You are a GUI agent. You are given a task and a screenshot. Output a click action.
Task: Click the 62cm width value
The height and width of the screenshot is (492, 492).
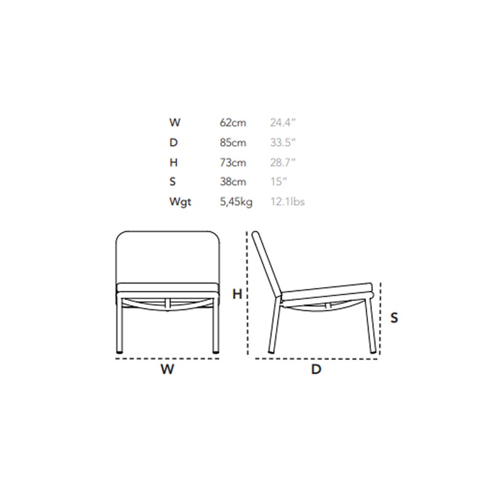click(x=233, y=122)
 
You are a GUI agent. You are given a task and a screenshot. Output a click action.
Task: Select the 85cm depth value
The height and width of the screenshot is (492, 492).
click(x=233, y=143)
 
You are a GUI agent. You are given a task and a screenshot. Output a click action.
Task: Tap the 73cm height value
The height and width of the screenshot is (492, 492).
click(x=233, y=162)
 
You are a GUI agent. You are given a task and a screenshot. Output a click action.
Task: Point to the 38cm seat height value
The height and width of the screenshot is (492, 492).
click(x=233, y=181)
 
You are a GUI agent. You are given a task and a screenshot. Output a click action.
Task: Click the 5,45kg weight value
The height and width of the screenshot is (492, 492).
click(x=236, y=202)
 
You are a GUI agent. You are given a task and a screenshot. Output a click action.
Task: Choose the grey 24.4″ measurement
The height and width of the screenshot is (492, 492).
click(x=283, y=122)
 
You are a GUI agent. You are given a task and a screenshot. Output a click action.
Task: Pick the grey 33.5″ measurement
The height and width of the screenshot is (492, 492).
click(x=283, y=143)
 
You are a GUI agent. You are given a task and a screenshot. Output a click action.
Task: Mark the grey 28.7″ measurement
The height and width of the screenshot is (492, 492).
click(x=283, y=162)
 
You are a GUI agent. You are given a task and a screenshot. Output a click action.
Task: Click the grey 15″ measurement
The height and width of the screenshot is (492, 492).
click(x=279, y=181)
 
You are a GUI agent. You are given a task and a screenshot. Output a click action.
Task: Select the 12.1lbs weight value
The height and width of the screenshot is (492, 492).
click(x=287, y=202)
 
